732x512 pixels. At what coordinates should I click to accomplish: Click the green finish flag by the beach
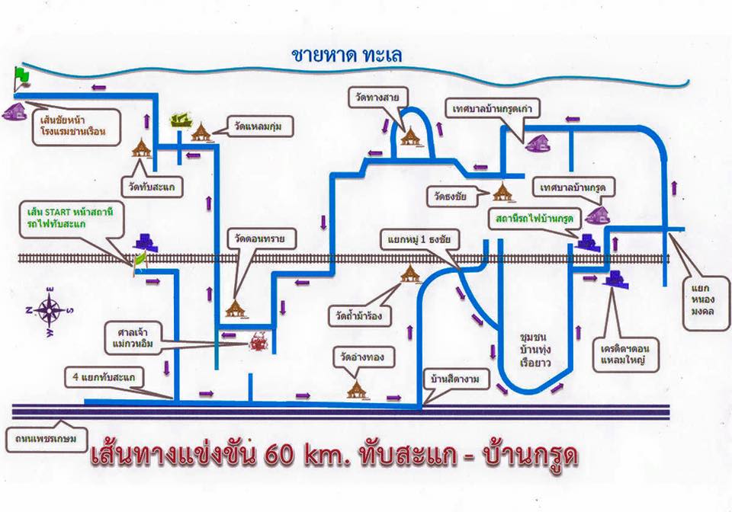pyautogui.click(x=21, y=78)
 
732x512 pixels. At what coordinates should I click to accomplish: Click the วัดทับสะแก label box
pyautogui.click(x=152, y=187)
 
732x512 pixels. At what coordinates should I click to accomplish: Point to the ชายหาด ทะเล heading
pyautogui.click(x=346, y=55)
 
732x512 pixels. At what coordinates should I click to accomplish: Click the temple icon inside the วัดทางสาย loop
pyautogui.click(x=411, y=136)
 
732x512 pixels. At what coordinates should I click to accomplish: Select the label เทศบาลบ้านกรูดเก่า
pyautogui.click(x=493, y=110)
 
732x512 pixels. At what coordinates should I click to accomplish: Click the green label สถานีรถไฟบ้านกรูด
pyautogui.click(x=535, y=219)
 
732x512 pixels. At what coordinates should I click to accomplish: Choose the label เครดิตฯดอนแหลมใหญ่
pyautogui.click(x=625, y=354)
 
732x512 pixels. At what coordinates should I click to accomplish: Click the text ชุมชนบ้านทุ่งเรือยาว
pyautogui.click(x=536, y=350)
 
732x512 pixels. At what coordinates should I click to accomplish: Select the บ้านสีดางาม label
pyautogui.click(x=455, y=379)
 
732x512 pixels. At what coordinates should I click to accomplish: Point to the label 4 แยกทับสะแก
pyautogui.click(x=104, y=377)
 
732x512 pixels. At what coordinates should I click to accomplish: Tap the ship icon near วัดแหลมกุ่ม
pyautogui.click(x=181, y=121)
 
